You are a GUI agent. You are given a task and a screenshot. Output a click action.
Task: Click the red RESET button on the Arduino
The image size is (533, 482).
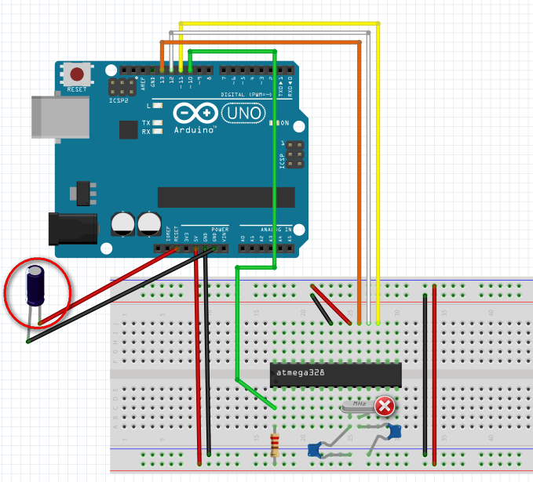coord(77,75)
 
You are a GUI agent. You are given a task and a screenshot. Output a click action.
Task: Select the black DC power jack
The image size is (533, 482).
coord(72,228)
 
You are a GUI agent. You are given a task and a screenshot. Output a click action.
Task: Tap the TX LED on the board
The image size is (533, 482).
coord(159,123)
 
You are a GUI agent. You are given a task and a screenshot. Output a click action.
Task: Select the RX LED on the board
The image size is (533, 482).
coord(159,132)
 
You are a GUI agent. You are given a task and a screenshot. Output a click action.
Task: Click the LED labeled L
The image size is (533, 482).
coord(159,104)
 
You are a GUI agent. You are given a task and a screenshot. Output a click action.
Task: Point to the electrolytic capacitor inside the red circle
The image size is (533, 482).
coord(36,286)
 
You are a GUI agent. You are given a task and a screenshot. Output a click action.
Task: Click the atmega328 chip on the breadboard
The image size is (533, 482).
coord(335,375)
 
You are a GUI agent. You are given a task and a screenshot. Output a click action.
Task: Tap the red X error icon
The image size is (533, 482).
coord(385,406)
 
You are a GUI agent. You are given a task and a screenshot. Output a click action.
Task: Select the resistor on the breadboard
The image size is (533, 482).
coord(275,445)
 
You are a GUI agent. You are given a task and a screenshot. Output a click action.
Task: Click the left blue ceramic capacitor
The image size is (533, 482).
coord(314,449)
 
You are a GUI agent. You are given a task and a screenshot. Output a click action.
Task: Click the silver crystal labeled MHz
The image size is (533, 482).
coord(359,404)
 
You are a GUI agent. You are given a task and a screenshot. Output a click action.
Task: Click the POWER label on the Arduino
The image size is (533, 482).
coord(220,230)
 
